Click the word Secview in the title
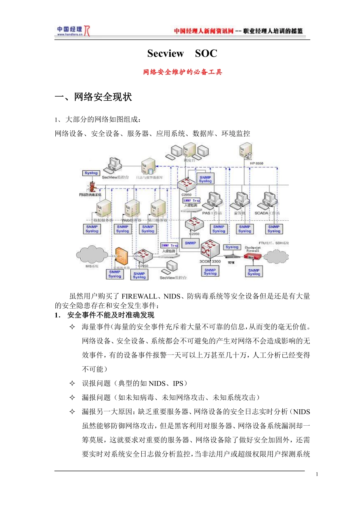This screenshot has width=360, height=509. (x=166, y=53)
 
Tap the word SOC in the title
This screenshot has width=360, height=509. (x=206, y=53)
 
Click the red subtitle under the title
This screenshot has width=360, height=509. (x=182, y=72)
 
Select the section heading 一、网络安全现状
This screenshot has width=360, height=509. (x=93, y=97)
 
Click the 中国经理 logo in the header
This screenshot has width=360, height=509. (x=73, y=31)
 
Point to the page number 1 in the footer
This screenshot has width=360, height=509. (x=317, y=474)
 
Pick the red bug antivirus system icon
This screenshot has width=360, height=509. (x=92, y=187)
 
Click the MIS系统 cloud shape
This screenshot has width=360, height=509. (x=92, y=254)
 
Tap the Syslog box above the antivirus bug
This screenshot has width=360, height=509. (x=91, y=173)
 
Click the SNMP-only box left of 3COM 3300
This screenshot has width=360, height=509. (x=190, y=243)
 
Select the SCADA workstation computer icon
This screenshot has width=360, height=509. (x=270, y=201)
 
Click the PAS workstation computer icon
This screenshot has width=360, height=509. (x=214, y=201)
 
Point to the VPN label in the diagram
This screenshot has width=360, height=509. (x=231, y=262)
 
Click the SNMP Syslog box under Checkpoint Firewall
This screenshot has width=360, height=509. (x=254, y=272)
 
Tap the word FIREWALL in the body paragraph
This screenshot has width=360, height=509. (x=139, y=296)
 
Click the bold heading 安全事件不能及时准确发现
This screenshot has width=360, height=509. (x=111, y=315)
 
